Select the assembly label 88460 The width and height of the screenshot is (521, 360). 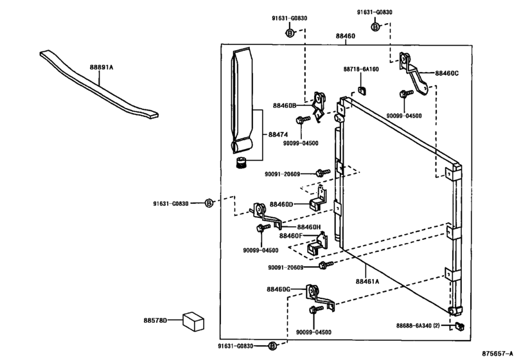(x=345, y=36)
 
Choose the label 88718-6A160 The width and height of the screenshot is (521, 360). (x=361, y=69)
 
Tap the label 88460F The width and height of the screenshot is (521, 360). (x=290, y=236)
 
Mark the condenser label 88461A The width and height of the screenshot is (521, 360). (x=368, y=280)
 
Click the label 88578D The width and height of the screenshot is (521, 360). (x=155, y=319)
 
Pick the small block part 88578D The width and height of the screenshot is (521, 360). (x=191, y=319)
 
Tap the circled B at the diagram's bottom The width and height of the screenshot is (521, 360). (x=272, y=346)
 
